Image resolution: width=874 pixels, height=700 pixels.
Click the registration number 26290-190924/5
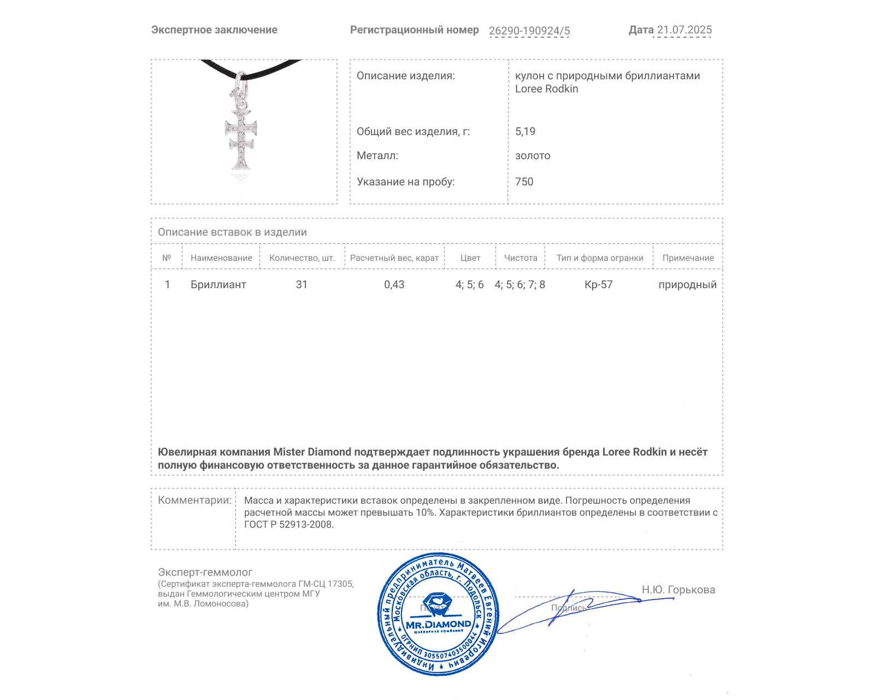[529, 31]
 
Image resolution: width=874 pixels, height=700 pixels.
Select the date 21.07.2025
[684, 30]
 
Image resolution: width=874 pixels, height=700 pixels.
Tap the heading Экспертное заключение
[214, 30]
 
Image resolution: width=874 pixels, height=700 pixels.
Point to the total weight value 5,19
[525, 131]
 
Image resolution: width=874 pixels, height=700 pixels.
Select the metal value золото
[533, 156]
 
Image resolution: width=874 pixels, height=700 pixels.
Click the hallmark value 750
[524, 182]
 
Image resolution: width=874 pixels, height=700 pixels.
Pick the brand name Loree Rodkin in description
[546, 89]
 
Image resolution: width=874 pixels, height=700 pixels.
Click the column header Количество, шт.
[302, 258]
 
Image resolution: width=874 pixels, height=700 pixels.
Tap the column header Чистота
[520, 258]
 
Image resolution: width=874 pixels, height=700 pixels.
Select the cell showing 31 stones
[302, 284]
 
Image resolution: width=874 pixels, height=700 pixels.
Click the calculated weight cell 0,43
[394, 284]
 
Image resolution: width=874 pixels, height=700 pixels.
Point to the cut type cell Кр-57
[598, 284]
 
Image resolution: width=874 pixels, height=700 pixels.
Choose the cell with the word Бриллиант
[218, 284]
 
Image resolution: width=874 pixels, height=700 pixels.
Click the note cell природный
[687, 284]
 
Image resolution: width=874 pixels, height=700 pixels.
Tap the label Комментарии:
[194, 500]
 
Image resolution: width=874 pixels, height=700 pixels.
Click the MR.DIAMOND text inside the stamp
[438, 625]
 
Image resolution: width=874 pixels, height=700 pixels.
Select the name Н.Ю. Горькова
[678, 590]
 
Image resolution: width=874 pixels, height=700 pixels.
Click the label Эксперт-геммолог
[205, 572]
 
